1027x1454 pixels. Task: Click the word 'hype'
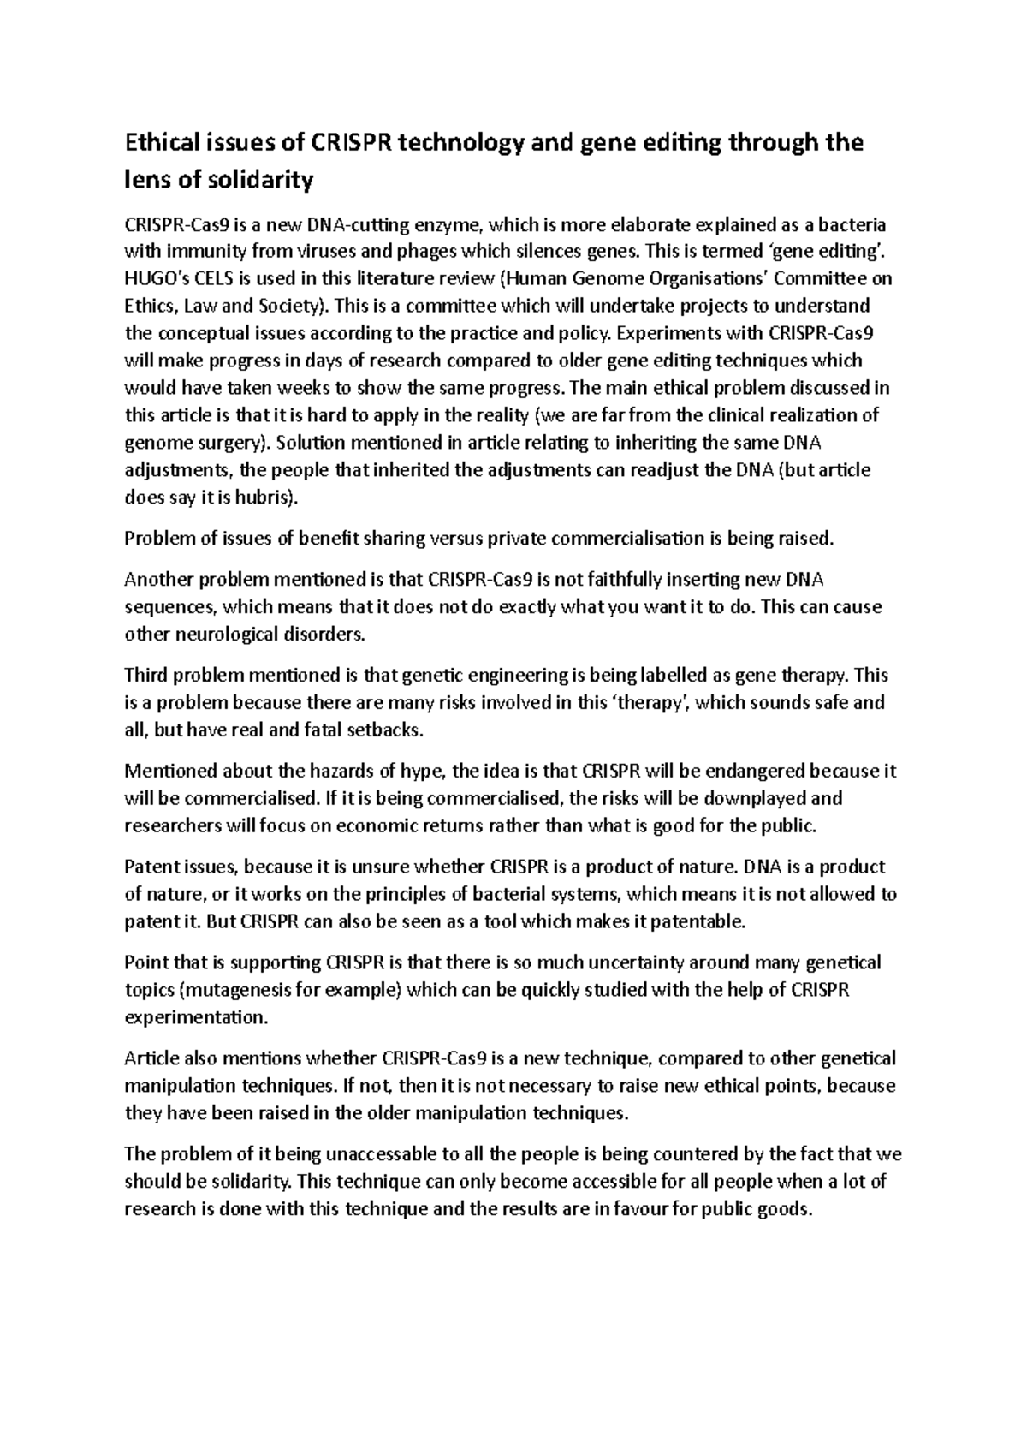click(426, 771)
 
